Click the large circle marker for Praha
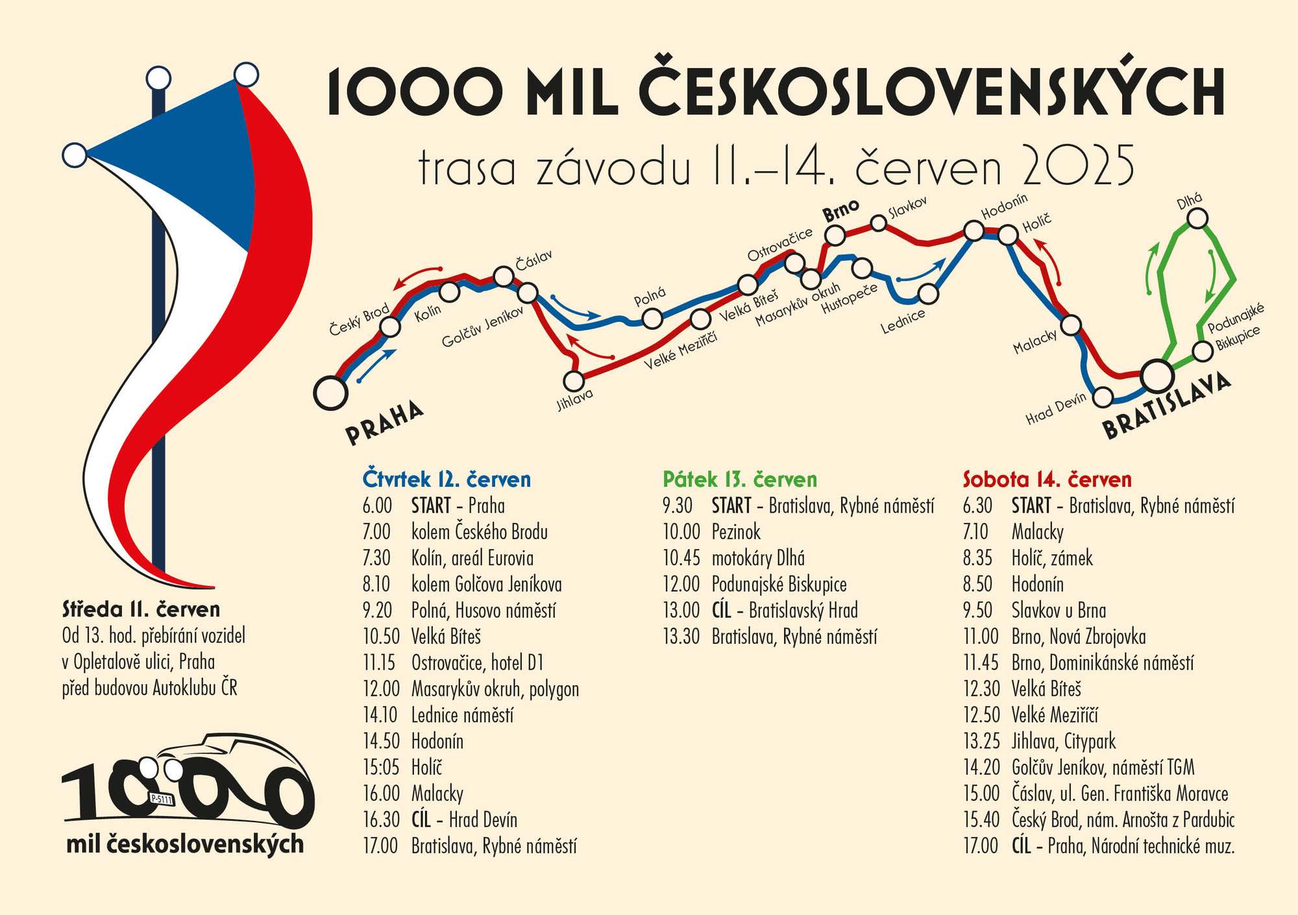(330, 393)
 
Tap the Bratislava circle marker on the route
(1157, 375)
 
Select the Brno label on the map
(840, 210)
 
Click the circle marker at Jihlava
(574, 380)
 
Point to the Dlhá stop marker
(1197, 218)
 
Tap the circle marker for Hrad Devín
(1103, 396)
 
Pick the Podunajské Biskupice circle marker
(1203, 351)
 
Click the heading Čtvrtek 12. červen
(447, 480)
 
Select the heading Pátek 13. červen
(739, 480)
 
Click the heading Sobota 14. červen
(1047, 480)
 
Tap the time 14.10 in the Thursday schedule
(380, 715)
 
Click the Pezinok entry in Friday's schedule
(736, 532)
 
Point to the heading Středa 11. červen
(141, 609)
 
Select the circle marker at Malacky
(1070, 324)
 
